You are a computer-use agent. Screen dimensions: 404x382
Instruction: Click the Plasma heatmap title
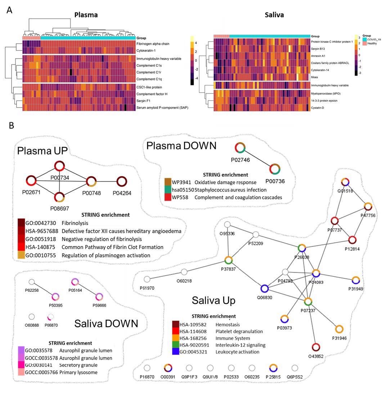pyautogui.click(x=86, y=15)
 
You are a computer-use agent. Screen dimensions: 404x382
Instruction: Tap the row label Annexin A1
pyautogui.click(x=320, y=56)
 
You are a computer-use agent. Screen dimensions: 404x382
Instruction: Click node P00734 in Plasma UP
pyautogui.click(x=59, y=166)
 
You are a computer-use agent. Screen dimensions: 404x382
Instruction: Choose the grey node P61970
pyautogui.click(x=147, y=279)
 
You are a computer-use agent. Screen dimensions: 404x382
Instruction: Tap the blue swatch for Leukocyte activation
pyautogui.click(x=176, y=352)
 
